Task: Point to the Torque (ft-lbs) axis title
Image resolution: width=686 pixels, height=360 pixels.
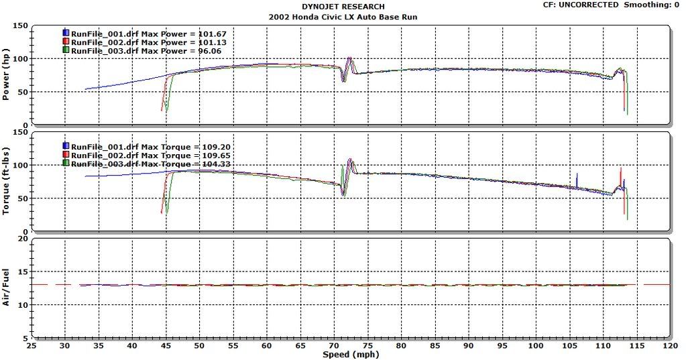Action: click(x=6, y=182)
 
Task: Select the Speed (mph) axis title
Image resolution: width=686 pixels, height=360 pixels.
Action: click(x=349, y=355)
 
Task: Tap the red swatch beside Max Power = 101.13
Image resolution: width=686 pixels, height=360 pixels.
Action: click(x=66, y=42)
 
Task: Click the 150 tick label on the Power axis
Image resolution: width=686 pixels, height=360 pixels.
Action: click(x=20, y=26)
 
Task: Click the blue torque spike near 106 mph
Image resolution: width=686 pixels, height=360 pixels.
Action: click(x=576, y=180)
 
